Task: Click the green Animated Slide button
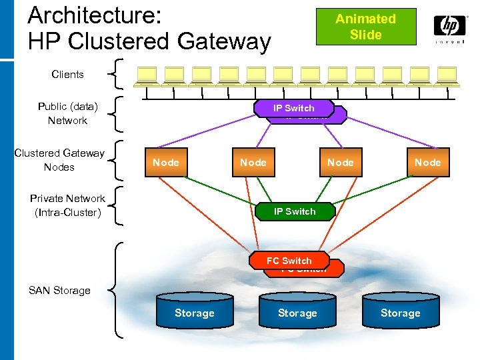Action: point(365,27)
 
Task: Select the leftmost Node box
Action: point(165,163)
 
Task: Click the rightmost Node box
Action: point(427,163)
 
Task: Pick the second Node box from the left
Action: point(253,163)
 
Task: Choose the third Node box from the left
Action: point(340,163)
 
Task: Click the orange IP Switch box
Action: point(293,108)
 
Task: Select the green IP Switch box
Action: point(295,211)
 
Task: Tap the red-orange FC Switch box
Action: point(289,261)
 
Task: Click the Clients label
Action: point(67,75)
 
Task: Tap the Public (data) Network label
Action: point(67,113)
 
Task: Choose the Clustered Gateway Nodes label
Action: point(59,160)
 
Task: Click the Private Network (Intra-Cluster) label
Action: point(67,205)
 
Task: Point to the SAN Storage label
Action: point(59,291)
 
